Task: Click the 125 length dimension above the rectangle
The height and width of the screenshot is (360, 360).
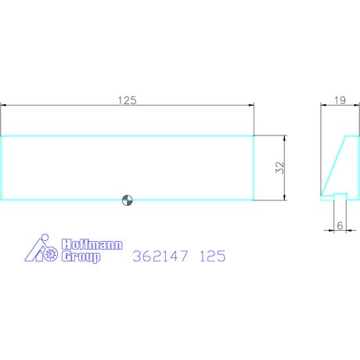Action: point(128,100)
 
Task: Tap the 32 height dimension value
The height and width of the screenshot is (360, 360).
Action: point(279,167)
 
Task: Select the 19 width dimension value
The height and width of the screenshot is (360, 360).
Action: point(340,100)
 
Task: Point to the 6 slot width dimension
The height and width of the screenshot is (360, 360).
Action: point(340,225)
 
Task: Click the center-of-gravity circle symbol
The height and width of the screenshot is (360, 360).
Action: point(128,200)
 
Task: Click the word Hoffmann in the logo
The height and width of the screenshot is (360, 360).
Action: point(92,245)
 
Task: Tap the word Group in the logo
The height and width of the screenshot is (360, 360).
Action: point(81,257)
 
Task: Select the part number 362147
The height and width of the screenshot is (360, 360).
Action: point(160,256)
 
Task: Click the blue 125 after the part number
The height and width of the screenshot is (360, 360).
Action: point(212,256)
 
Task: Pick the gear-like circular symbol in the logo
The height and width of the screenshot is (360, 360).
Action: point(51,254)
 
